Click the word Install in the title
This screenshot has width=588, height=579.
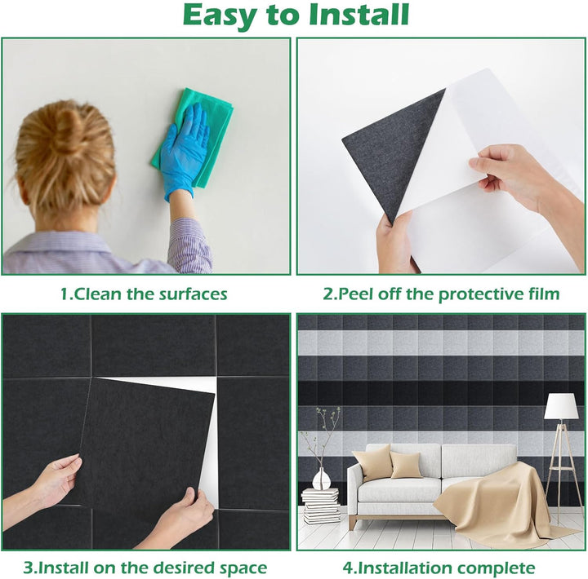359,15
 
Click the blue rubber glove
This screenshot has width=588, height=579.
184,151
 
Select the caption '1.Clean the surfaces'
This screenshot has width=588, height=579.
144,294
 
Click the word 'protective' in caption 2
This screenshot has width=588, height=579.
483,294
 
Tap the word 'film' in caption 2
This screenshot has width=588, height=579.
546,294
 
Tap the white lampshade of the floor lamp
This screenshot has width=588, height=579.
561,405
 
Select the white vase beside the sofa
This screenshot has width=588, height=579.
322,479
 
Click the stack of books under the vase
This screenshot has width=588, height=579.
322,506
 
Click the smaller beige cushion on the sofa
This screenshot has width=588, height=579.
405,464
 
